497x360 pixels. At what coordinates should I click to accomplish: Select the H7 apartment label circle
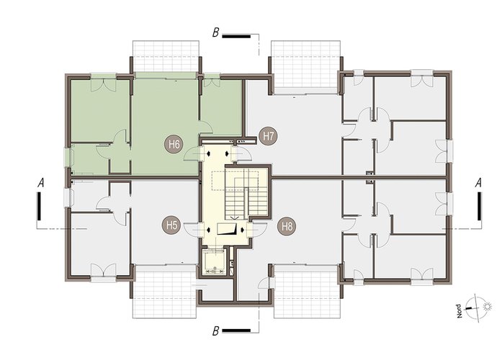pyautogui.click(x=268, y=136)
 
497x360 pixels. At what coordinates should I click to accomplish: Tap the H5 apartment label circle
pyautogui.click(x=171, y=225)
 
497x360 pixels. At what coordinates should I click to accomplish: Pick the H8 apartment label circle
pyautogui.click(x=287, y=227)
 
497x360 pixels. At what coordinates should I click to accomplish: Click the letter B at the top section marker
pyautogui.click(x=215, y=32)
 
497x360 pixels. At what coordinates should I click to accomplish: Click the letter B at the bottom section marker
pyautogui.click(x=215, y=331)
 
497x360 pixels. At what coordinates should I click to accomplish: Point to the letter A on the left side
pyautogui.click(x=40, y=183)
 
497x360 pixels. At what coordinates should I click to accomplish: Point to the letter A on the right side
pyautogui.click(x=478, y=183)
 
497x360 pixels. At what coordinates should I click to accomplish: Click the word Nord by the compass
pyautogui.click(x=459, y=311)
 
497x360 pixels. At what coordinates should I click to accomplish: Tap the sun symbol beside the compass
pyautogui.click(x=486, y=307)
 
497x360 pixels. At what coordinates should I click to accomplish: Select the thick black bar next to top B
pyautogui.click(x=236, y=37)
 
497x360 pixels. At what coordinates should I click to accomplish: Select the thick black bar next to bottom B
pyautogui.click(x=236, y=331)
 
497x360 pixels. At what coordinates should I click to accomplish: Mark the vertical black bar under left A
pyautogui.click(x=39, y=206)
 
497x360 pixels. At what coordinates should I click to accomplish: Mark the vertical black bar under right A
pyautogui.click(x=479, y=206)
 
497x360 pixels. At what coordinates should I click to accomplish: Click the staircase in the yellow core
pyautogui.click(x=246, y=192)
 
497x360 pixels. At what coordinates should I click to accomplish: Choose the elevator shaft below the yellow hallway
pyautogui.click(x=214, y=263)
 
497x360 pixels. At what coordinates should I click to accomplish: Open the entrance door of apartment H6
pyautogui.click(x=193, y=153)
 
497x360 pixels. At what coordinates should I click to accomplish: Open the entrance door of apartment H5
pyautogui.click(x=193, y=230)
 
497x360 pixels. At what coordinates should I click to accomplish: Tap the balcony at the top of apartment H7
pyautogui.click(x=305, y=66)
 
